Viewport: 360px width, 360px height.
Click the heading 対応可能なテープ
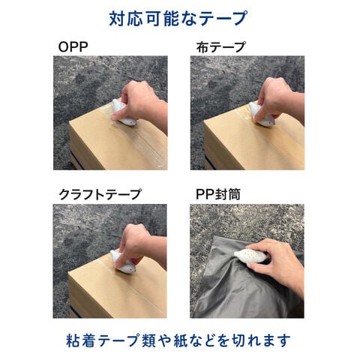click(178, 18)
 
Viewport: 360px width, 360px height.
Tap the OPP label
click(73, 46)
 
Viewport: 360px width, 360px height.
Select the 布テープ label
click(220, 47)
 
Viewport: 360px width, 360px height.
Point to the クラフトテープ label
click(100, 194)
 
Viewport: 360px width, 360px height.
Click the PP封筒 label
click(218, 194)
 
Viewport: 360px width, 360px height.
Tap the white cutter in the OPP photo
click(124, 114)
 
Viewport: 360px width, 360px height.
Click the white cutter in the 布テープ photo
click(262, 115)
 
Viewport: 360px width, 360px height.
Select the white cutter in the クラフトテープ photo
click(123, 262)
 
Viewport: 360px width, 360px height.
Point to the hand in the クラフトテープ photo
click(140, 246)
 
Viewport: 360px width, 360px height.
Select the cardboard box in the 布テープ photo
click(253, 142)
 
